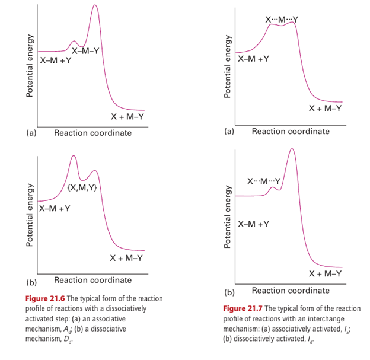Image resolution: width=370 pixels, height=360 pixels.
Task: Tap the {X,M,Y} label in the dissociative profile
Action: pos(82,189)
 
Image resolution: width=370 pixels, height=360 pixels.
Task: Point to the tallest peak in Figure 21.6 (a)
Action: pos(95,5)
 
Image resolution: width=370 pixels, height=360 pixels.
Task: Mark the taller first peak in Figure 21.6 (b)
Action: pos(74,157)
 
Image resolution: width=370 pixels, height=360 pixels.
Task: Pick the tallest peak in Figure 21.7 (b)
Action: pos(292,149)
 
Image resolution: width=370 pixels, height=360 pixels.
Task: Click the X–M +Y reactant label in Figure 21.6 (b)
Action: pos(55,209)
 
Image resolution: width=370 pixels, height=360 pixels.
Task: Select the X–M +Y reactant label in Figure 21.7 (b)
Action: pos(253,224)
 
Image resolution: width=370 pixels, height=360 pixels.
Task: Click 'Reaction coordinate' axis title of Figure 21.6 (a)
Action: pos(93,133)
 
